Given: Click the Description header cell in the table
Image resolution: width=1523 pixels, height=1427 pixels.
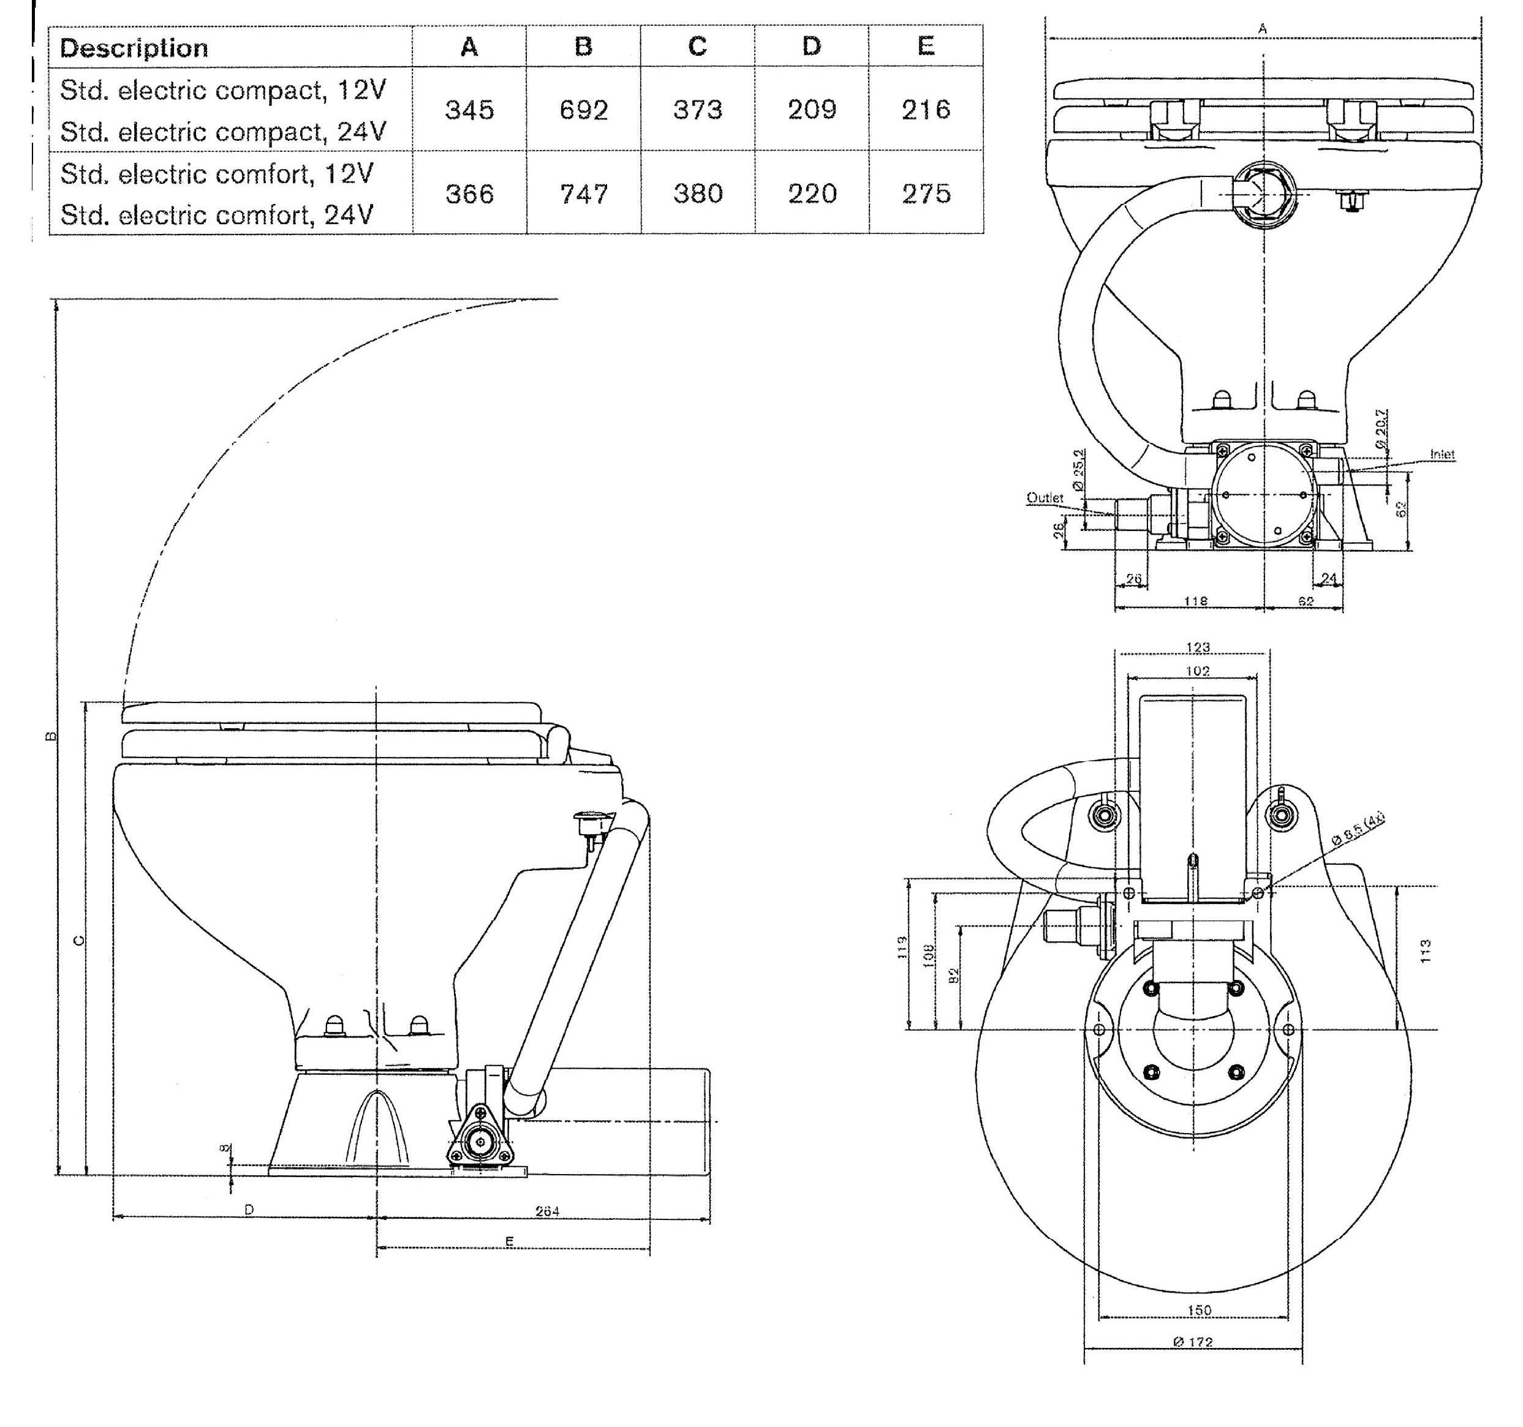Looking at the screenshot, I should coord(134,48).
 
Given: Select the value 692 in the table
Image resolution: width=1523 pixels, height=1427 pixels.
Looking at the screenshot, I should coord(584,110).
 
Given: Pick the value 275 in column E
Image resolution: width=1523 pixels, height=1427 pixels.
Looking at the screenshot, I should coord(926,194).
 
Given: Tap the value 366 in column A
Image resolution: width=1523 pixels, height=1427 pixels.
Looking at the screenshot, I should coord(470,194).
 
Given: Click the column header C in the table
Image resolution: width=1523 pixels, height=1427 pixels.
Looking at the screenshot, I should coord(697,47).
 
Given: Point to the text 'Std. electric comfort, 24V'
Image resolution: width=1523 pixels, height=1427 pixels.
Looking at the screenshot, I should coord(217,214).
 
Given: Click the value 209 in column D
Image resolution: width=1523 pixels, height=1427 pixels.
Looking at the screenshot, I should coord(812,110).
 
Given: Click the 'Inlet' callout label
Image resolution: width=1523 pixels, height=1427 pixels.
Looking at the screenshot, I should coord(1442,454).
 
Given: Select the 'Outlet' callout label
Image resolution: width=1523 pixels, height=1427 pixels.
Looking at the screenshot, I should coord(1045,498).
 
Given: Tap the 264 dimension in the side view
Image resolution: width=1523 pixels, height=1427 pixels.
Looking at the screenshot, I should coord(547,1211).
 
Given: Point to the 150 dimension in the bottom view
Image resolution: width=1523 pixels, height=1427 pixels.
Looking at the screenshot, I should coord(1199,1310).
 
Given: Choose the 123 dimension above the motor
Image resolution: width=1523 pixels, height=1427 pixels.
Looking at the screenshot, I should coord(1198,647).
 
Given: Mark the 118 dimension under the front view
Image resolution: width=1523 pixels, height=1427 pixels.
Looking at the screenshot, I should coord(1195,601).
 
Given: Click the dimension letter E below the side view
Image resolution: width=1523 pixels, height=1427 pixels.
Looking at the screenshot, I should coord(510,1241).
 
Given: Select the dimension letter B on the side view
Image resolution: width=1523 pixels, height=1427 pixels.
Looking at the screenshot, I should coord(51,736).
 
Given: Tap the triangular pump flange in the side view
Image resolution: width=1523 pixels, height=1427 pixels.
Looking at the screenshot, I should coord(479,1140).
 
